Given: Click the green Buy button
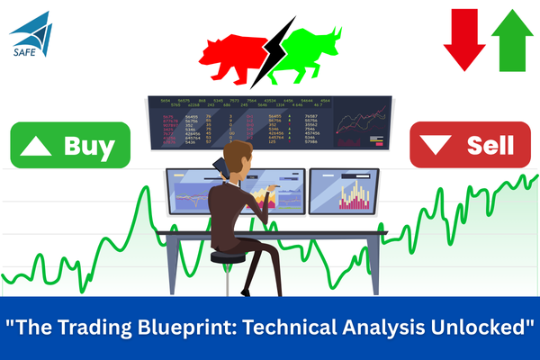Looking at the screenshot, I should coord(70,145).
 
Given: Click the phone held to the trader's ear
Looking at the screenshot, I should coord(218,168).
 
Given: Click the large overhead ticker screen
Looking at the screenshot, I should coord(270,126).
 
